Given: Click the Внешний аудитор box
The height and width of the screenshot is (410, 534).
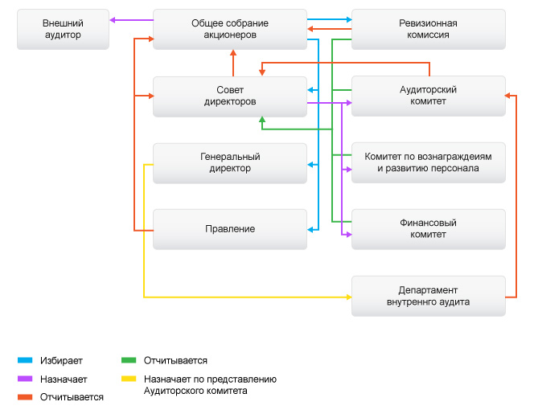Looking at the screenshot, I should (x=62, y=30).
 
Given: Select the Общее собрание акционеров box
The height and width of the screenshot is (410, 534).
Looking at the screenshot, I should (x=229, y=30).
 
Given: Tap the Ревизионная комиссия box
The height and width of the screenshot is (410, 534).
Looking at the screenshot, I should (x=428, y=30).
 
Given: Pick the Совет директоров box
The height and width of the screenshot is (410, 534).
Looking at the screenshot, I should (x=229, y=96).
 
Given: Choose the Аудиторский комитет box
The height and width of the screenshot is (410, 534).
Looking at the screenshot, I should (x=428, y=96).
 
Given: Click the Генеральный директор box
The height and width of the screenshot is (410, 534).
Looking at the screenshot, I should (x=229, y=162).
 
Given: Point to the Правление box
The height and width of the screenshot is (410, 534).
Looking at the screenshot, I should (x=229, y=229).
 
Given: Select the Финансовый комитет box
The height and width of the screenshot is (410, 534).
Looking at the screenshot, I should (x=428, y=229).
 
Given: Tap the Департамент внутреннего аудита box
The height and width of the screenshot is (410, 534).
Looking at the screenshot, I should (x=428, y=296).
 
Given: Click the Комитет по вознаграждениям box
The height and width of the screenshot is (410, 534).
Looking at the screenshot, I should (x=428, y=162).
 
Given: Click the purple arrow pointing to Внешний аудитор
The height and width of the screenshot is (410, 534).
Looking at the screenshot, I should (x=129, y=20).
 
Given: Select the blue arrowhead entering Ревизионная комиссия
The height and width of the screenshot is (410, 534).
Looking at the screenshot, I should (x=347, y=18).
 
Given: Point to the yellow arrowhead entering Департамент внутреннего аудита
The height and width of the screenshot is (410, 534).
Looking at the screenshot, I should (x=348, y=297).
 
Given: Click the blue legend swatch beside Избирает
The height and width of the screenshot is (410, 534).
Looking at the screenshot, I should (x=24, y=361).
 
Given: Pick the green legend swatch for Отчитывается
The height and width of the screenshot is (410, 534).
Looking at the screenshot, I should (x=128, y=361).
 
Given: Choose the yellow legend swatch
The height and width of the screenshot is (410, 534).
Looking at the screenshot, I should (x=128, y=379).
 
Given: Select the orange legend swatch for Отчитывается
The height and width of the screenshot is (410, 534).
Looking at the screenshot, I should (x=24, y=397).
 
